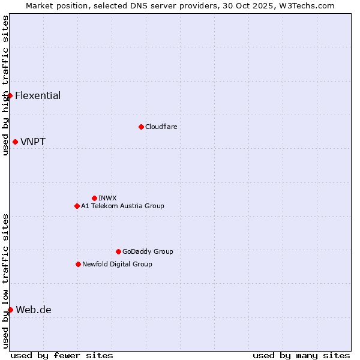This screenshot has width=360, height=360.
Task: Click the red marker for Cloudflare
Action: (141, 127)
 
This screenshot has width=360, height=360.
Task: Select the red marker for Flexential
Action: (10, 95)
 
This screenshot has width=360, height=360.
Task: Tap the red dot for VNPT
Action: (15, 142)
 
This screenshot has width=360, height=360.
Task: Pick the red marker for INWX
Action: (94, 198)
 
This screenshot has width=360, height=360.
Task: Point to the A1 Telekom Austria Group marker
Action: (77, 206)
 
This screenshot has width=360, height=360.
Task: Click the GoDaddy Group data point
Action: (118, 251)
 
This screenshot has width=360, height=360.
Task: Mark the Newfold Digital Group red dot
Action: (78, 264)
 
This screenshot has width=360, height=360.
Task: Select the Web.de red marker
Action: (10, 310)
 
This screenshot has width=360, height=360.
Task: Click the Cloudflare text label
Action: (161, 127)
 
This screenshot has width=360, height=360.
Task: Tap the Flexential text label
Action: (38, 95)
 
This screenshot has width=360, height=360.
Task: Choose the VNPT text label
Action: (33, 142)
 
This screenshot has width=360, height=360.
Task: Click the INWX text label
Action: (107, 198)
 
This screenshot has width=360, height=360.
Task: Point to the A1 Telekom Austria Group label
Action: (122, 206)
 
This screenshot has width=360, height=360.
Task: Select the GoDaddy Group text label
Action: (148, 251)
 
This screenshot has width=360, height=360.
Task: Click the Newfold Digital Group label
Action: (117, 264)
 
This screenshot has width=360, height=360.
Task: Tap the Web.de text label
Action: (34, 310)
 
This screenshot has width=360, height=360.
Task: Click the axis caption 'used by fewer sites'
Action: (62, 355)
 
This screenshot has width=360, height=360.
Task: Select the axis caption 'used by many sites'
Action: (301, 355)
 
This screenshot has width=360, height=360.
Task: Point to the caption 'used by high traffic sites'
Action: (5, 85)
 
